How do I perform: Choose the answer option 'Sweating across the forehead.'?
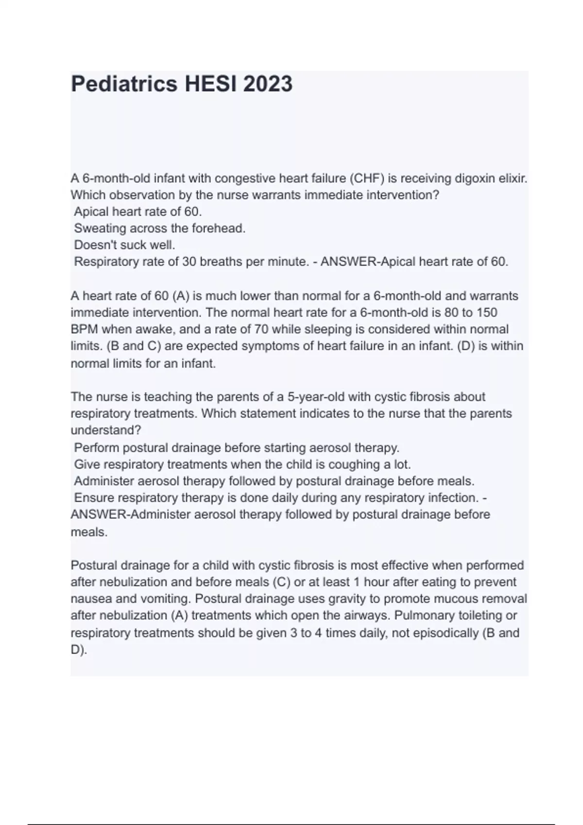click(x=160, y=228)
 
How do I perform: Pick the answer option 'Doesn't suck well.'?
click(x=124, y=245)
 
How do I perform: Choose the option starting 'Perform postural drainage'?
click(x=237, y=447)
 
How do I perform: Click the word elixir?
click(x=513, y=179)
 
